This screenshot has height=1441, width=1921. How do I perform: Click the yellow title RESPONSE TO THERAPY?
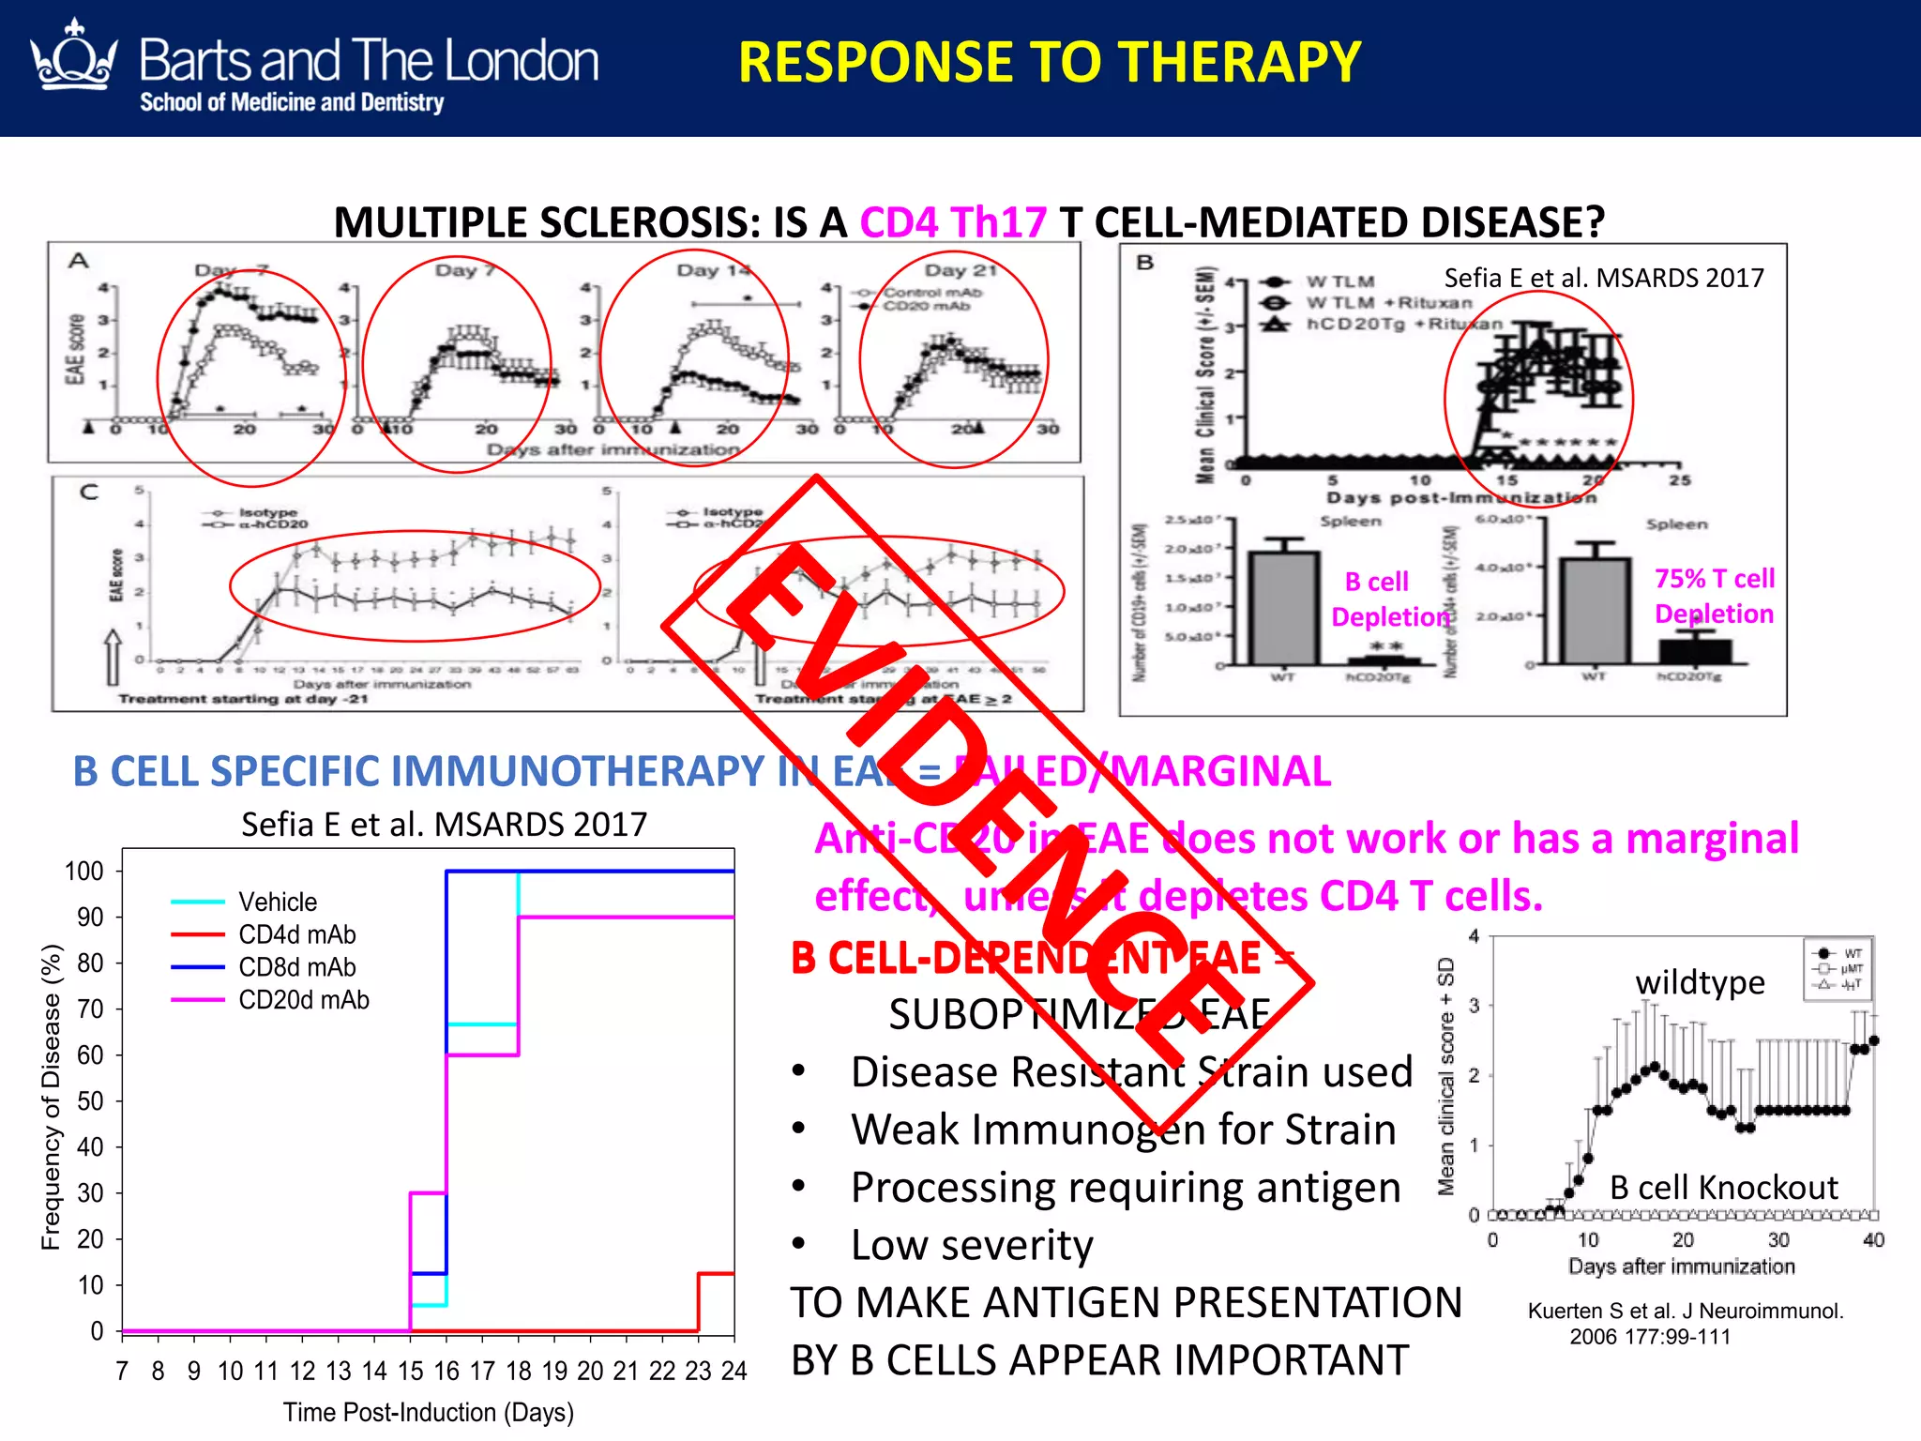tap(1049, 63)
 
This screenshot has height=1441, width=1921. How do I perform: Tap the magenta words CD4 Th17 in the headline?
tap(952, 223)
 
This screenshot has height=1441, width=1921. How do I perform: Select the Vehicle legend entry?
tap(278, 902)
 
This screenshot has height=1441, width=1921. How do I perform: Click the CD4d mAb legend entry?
tap(296, 934)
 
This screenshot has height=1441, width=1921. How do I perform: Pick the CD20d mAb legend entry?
tap(303, 1000)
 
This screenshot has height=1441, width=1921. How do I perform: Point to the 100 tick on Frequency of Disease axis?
tap(83, 872)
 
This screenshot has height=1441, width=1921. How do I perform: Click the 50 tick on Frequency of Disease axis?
tap(90, 1100)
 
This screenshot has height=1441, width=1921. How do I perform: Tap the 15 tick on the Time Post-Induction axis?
tap(410, 1372)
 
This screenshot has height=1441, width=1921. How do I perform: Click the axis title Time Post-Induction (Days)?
tap(429, 1413)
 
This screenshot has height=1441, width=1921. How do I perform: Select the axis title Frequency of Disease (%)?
tap(51, 1097)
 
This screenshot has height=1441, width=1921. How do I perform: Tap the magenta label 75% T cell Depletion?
tap(1714, 596)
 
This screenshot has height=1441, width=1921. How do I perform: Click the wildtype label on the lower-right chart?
tap(1700, 982)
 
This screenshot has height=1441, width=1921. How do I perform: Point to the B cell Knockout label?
tap(1724, 1188)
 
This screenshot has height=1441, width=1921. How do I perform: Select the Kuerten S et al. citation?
tap(1685, 1323)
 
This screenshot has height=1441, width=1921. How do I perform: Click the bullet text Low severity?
tap(972, 1246)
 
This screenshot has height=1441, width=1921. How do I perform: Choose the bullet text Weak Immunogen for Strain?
tap(1123, 1130)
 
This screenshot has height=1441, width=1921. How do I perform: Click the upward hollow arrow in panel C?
tap(113, 656)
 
